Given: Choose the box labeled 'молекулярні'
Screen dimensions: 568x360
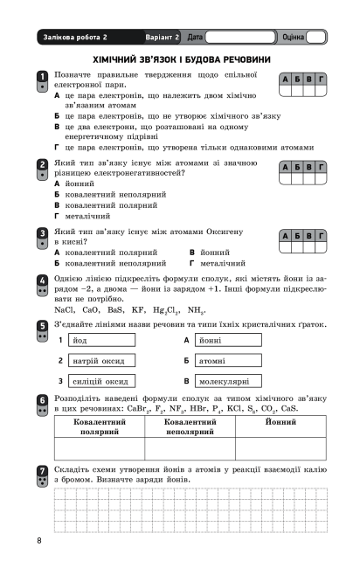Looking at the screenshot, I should [230, 381].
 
